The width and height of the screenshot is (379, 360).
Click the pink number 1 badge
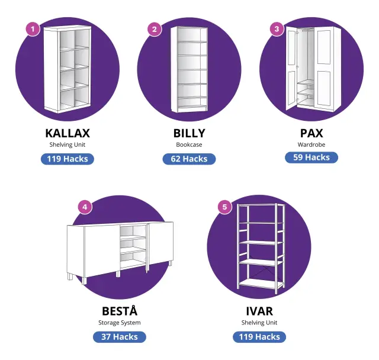point(33,29)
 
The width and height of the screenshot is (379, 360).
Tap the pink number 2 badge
point(155,29)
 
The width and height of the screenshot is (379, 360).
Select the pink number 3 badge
point(277,29)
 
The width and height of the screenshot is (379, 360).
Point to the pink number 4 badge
point(85,207)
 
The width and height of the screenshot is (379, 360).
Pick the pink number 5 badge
point(225,207)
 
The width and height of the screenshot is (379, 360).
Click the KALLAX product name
point(68,133)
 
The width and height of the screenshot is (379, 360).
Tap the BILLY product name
point(189,133)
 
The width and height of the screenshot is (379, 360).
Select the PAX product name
point(311,133)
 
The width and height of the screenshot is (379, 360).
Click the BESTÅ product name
point(120,310)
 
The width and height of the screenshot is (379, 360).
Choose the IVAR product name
point(259,311)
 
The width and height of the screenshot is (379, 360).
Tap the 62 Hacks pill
point(189,159)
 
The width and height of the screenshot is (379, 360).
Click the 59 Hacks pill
point(311,157)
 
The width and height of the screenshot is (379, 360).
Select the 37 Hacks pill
point(120,337)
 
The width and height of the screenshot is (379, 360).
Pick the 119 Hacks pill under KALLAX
point(68,159)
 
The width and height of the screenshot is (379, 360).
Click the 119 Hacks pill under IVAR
point(259,337)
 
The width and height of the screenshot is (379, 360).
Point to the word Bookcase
point(189,144)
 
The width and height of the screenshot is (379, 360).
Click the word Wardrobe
point(311,144)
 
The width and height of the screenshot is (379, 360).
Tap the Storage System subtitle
point(120,323)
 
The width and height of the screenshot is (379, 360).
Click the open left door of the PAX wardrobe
point(292,68)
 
